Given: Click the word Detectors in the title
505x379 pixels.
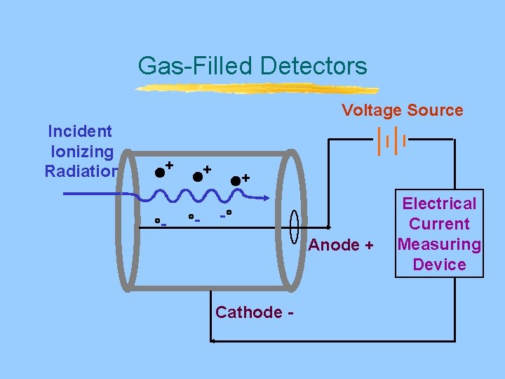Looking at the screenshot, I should (313, 66).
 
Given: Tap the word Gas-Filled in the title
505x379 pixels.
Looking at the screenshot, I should (196, 66).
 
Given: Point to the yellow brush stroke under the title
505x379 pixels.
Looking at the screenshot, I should (256, 89).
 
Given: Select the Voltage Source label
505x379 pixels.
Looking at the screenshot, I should (402, 110).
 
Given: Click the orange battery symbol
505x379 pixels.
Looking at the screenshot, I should (392, 140).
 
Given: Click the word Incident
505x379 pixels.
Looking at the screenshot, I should (79, 131).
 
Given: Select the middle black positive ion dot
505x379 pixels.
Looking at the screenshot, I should (198, 175).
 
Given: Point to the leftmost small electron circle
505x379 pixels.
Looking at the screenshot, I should (158, 220).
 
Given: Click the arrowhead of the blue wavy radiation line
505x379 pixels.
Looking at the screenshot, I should (264, 199).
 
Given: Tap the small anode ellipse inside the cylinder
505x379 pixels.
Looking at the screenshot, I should (295, 227).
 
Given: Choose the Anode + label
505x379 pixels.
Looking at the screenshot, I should (342, 246).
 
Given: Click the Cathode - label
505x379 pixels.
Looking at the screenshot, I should (255, 312).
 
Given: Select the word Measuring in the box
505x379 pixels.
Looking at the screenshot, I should (439, 244).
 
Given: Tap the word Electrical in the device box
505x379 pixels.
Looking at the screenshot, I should (439, 204).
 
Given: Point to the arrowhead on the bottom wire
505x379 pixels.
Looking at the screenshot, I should (213, 341).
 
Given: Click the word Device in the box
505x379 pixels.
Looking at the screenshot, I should (439, 265).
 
